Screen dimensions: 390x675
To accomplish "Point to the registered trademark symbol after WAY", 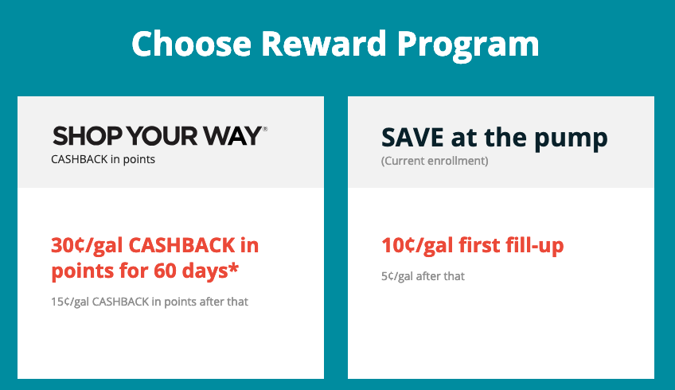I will pos(265,128).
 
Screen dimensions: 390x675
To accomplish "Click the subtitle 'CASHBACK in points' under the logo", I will pos(103,159).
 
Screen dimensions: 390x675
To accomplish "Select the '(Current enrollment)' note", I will pos(435,161).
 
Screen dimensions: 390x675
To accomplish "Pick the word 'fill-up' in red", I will pos(534,245).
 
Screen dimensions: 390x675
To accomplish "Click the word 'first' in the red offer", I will pos(480,245).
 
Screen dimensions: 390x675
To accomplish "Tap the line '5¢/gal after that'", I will pos(423,276).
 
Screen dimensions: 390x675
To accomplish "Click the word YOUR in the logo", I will pos(166,135).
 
